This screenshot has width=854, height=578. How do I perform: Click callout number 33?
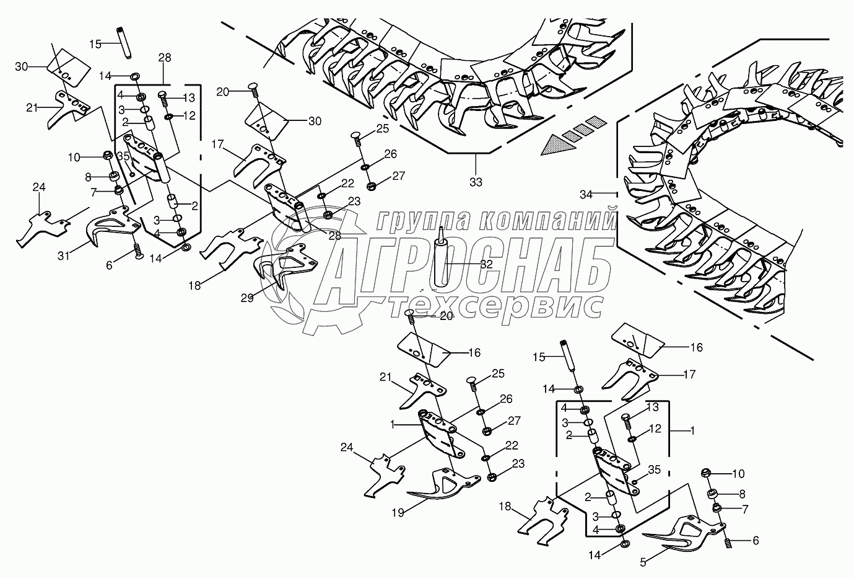(476, 182)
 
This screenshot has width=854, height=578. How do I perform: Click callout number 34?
(586, 195)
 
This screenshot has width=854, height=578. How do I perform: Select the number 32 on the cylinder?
(487, 263)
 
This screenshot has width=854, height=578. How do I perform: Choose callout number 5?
(643, 563)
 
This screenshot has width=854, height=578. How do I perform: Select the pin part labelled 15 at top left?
(122, 43)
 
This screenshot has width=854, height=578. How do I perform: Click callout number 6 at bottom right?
(755, 540)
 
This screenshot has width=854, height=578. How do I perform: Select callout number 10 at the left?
(74, 158)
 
